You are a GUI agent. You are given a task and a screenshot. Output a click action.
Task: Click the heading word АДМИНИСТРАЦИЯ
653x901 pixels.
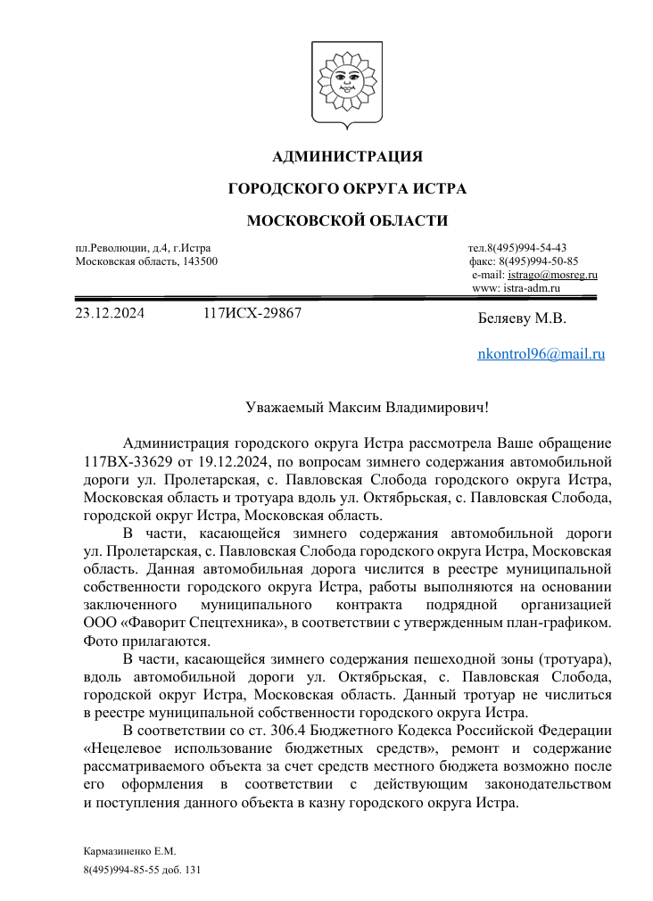347,157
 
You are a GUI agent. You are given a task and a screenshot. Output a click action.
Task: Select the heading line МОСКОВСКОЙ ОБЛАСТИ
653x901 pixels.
347,220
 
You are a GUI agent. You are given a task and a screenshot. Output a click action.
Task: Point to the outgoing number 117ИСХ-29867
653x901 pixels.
252,313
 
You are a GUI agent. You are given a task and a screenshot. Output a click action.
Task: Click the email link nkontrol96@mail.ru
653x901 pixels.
541,353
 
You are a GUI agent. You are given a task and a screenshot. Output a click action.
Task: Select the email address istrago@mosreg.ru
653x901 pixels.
552,275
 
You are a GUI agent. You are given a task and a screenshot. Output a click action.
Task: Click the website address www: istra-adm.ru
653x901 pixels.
515,288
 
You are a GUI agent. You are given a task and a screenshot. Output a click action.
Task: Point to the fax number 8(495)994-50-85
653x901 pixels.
539,261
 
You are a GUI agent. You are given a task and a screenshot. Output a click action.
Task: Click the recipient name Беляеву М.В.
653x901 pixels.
522,318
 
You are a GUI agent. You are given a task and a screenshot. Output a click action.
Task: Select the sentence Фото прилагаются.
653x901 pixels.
134,640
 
